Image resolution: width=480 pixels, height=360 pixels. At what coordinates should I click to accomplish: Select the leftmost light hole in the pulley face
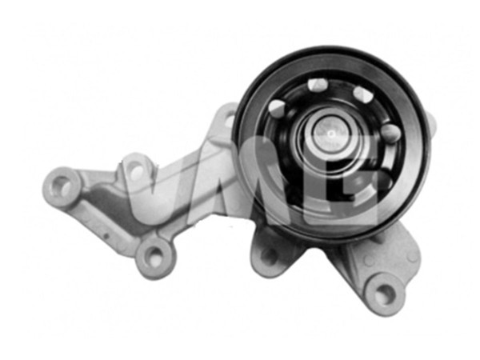[x=276, y=106]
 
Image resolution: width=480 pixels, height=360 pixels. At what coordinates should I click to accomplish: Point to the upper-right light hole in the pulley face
[x=362, y=94]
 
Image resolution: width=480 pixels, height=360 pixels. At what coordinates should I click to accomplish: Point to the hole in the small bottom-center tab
[x=270, y=255]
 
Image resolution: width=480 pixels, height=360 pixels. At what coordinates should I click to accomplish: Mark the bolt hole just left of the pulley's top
[x=230, y=120]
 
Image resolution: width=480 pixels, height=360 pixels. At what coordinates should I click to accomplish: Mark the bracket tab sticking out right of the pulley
[x=431, y=124]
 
